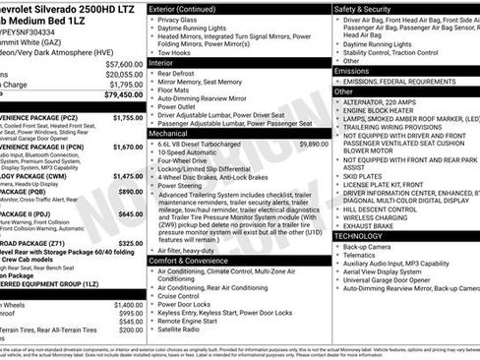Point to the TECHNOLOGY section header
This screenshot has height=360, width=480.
pyautogui.click(x=361, y=236)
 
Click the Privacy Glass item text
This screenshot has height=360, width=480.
pyautogui.click(x=180, y=19)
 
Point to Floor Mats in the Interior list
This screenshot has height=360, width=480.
pyautogui.click(x=175, y=90)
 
